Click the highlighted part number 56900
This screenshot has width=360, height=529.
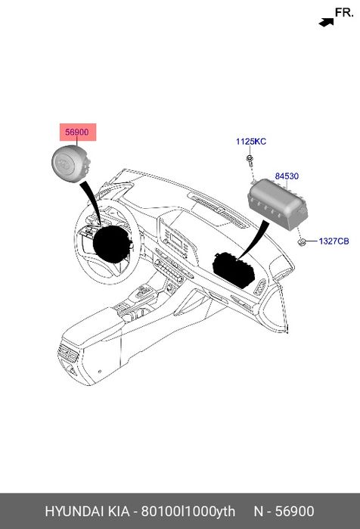pos(77,132)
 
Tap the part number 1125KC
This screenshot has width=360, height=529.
pos(251,142)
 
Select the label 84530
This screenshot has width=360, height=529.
pos(287,176)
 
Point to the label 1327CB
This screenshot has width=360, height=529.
pos(334,241)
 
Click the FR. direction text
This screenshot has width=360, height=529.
pos(344,13)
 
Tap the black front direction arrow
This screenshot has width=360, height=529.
pos(326,22)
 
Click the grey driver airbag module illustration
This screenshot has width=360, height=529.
pos(71,163)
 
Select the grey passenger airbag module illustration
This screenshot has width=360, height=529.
pos(278,204)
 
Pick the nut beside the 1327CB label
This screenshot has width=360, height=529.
pos(302,241)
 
